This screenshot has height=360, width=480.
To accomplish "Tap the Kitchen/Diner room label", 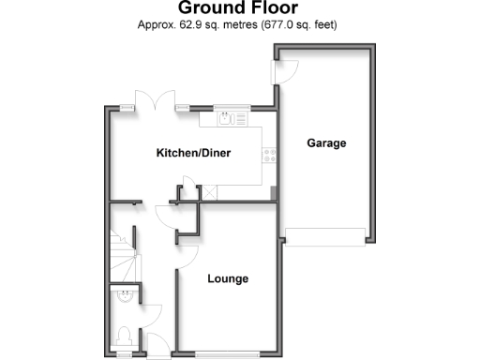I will (193, 153).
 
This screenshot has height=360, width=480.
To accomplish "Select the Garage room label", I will (326, 143).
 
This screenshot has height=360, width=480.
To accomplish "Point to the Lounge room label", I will (228, 278).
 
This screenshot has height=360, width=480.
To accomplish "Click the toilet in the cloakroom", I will (126, 335).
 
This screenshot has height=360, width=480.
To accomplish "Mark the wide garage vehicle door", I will (324, 236).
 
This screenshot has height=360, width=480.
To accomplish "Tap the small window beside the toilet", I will (126, 354).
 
